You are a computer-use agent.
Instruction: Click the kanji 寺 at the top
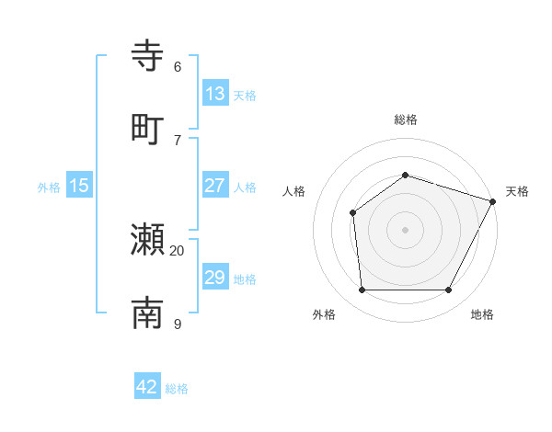point(148,56)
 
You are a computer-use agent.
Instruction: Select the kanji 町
point(148,128)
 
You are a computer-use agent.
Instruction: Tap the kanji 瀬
point(148,240)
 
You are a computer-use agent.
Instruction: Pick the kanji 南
point(148,313)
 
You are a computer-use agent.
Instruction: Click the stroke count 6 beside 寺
point(178,66)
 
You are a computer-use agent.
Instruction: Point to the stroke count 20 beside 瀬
point(178,250)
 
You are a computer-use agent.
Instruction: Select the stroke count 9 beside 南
point(178,323)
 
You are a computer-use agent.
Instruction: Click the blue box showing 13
point(215,93)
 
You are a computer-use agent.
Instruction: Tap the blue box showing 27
point(215,185)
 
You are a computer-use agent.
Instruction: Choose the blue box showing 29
point(215,278)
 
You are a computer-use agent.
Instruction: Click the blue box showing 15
point(79,186)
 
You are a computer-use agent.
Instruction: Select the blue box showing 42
point(147,387)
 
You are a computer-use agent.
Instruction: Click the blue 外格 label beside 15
point(49,187)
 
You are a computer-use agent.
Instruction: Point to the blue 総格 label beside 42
point(177,389)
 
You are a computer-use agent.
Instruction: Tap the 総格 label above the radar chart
point(405,119)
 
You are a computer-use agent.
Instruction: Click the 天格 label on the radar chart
point(517,191)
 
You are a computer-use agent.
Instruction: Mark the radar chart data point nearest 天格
point(493,201)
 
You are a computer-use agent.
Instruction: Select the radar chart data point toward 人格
point(352,213)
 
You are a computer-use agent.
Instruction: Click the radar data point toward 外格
point(362,290)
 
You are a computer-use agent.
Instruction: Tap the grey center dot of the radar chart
point(405,230)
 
